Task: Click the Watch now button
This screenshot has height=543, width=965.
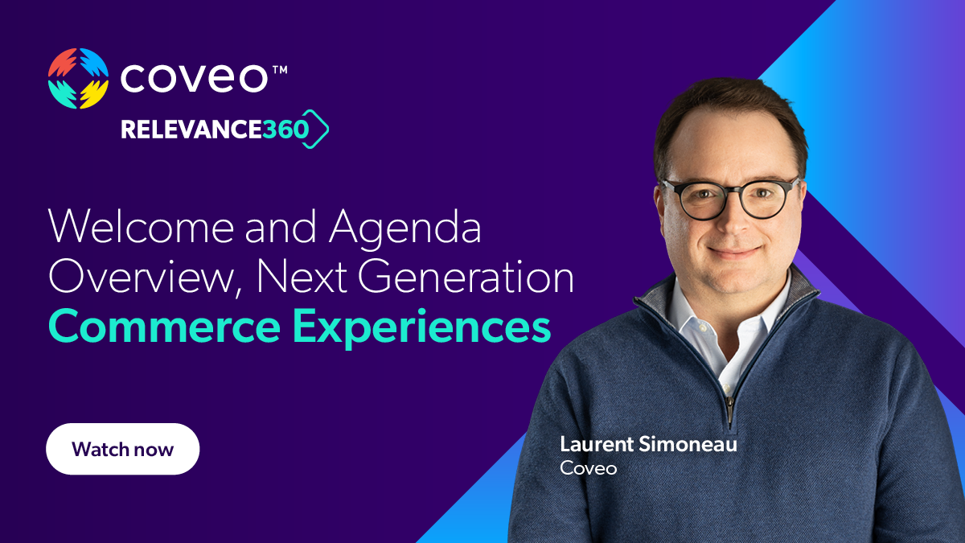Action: (x=122, y=449)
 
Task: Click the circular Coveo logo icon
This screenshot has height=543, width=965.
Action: (x=78, y=78)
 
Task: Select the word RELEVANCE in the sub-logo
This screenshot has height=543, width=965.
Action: (x=191, y=130)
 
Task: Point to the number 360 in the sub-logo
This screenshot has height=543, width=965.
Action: (x=285, y=130)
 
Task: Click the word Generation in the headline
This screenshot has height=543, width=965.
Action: (x=466, y=278)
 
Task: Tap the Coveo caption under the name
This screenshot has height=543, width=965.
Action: (x=588, y=467)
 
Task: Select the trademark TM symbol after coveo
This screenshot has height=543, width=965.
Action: (x=279, y=70)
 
